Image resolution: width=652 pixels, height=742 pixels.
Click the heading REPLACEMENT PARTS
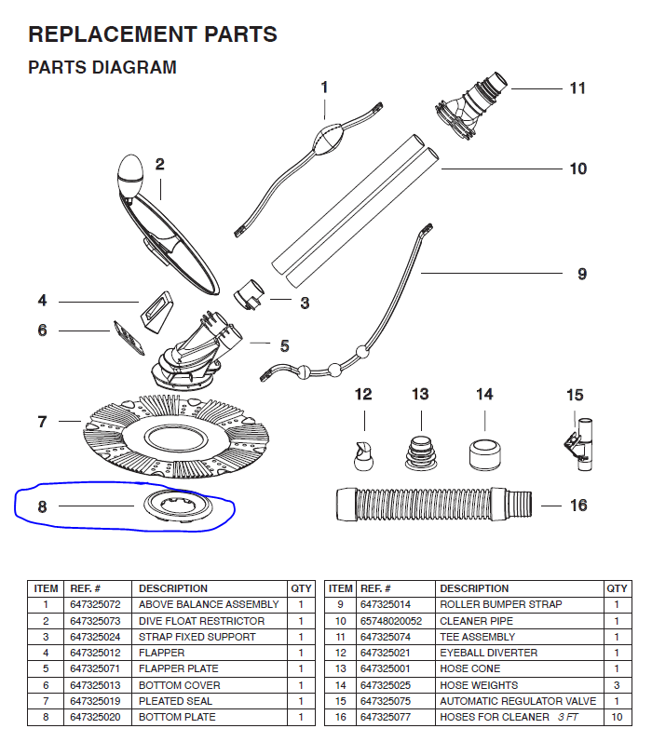tap(153, 35)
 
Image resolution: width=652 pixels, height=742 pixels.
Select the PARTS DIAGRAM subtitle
tap(102, 68)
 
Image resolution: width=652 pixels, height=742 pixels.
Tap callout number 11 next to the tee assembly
tap(577, 88)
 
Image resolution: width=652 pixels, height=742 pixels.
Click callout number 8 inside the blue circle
tap(42, 506)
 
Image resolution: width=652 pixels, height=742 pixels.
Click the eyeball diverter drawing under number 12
tap(363, 453)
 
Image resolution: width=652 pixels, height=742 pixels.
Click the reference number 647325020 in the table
tap(96, 717)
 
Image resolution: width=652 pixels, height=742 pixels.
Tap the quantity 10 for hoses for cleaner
tap(617, 717)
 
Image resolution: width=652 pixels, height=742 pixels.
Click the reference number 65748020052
tap(391, 621)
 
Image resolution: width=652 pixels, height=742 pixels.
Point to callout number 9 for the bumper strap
tap(581, 274)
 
